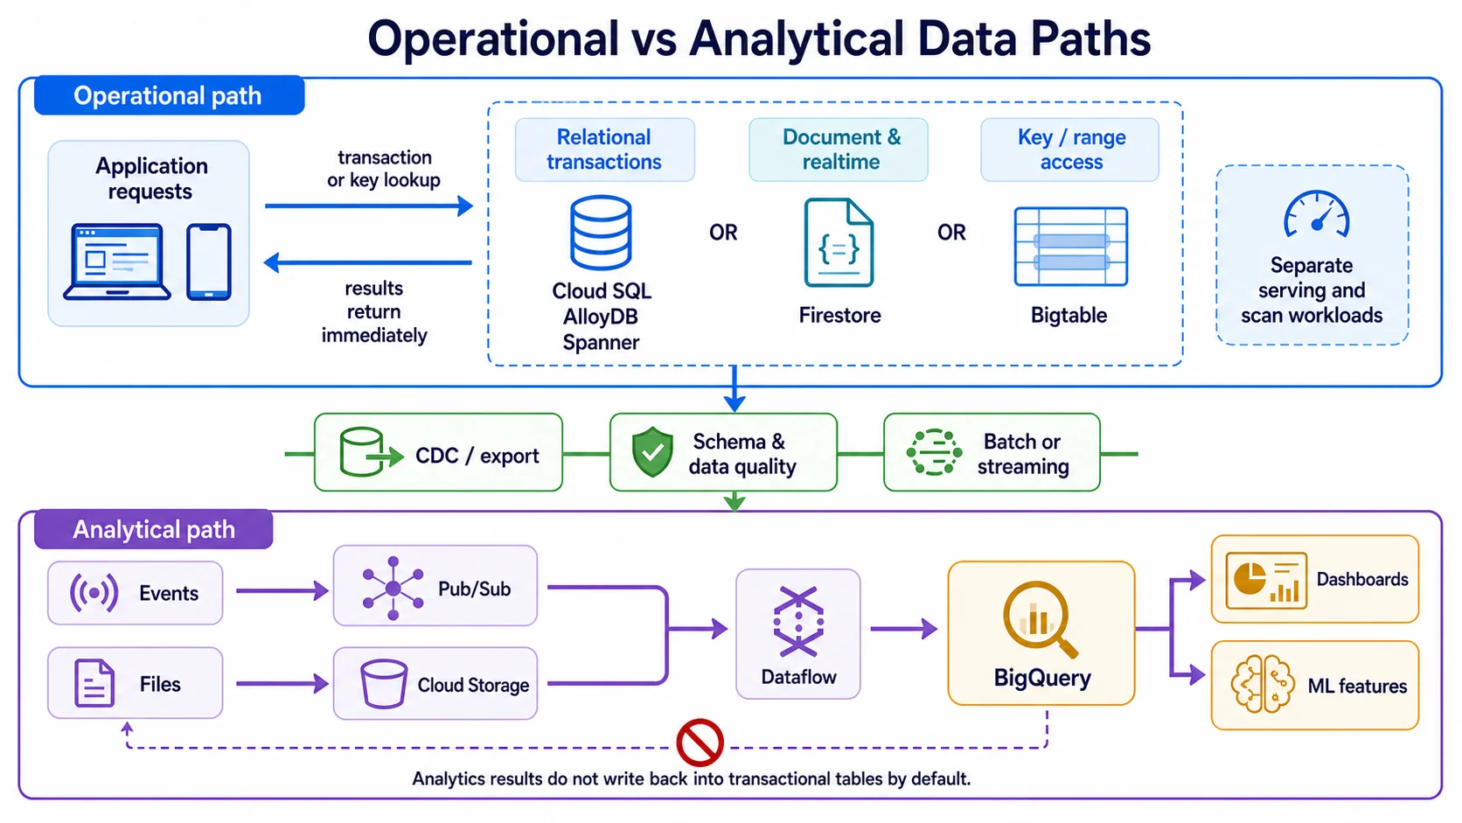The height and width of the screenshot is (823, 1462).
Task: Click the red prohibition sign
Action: click(700, 743)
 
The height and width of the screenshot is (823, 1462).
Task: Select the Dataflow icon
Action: click(798, 621)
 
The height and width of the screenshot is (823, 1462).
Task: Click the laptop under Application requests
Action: click(117, 262)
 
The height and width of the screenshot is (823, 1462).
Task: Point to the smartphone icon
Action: click(209, 262)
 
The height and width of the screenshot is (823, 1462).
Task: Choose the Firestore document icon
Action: click(839, 243)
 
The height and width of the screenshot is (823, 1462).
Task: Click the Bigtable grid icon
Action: click(1070, 247)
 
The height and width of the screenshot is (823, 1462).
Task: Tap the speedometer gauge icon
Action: click(1317, 213)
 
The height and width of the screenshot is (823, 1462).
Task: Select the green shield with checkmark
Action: click(652, 451)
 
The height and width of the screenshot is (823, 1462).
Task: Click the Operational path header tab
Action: click(169, 95)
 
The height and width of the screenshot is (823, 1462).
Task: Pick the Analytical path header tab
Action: click(153, 528)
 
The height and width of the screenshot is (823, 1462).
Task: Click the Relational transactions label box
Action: click(604, 150)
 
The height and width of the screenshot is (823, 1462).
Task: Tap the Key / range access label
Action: click(1070, 150)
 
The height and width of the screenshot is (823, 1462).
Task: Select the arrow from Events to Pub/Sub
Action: click(282, 590)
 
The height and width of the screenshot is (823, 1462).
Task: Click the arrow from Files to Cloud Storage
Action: click(282, 683)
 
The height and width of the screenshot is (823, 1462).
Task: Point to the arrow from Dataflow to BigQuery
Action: click(904, 629)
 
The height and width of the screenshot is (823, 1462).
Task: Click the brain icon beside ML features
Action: click(1263, 684)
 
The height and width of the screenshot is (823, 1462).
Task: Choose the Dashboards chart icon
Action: click(1266, 580)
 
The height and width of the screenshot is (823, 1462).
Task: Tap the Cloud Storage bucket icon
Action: click(384, 683)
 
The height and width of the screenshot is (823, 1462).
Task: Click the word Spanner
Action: click(601, 342)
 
